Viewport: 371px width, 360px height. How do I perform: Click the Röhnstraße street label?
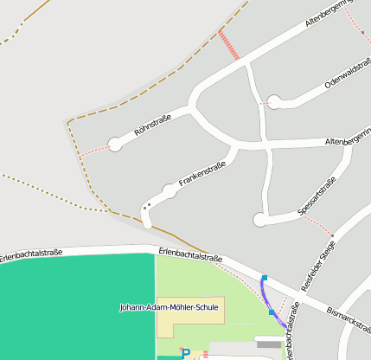coord(153,125)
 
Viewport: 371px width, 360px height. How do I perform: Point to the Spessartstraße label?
coord(316,197)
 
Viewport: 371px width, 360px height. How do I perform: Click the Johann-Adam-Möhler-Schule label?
coord(170,307)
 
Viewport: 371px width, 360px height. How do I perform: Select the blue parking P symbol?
coord(184,353)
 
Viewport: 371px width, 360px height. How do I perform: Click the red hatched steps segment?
coord(229,44)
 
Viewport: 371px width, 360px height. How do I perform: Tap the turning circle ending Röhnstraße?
coord(115,144)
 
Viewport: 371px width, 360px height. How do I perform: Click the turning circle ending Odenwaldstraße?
coord(275,101)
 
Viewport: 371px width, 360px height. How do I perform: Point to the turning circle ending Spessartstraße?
coord(260,220)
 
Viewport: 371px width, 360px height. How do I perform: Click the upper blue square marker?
coord(265,278)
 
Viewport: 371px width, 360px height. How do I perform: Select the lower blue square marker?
coord(272,312)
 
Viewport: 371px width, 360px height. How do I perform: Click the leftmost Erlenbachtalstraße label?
coord(31,254)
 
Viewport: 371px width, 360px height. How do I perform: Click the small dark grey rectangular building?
coord(269,344)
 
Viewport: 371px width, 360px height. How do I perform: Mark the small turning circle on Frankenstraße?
coord(170,191)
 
